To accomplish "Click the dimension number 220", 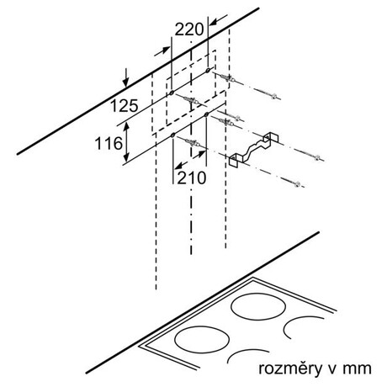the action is [189, 29].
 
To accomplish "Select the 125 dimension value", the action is [124, 106].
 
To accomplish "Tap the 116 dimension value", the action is [109, 143].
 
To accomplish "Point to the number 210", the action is [192, 178].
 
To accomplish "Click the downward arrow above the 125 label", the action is [126, 77].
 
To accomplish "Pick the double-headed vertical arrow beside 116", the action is [127, 142].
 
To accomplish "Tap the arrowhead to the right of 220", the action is [219, 20].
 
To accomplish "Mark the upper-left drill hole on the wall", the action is [172, 93].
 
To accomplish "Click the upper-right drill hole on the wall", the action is [208, 70].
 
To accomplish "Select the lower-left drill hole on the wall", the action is [172, 135].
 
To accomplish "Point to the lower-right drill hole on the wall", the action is [207, 114].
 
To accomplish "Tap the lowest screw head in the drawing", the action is [297, 184].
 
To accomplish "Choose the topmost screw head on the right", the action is [274, 97].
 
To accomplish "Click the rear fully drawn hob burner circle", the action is [258, 307].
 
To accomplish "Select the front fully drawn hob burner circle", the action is [202, 340].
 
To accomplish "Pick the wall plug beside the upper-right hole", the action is [227, 77].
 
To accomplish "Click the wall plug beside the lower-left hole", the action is [193, 143].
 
